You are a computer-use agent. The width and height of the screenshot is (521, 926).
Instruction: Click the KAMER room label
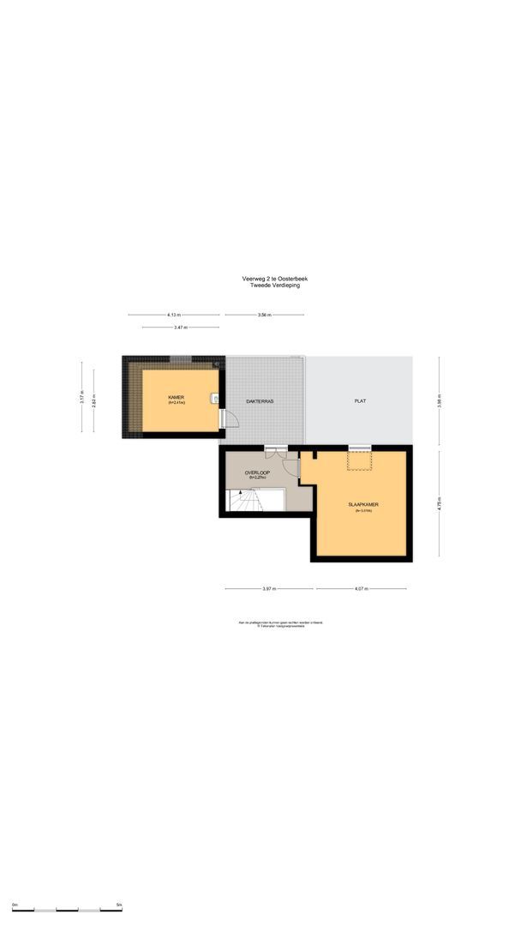pos(177,397)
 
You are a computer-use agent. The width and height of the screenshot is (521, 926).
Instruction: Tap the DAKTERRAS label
pos(259,401)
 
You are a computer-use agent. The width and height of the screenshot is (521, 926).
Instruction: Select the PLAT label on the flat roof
pos(361,401)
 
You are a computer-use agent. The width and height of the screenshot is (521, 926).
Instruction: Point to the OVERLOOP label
pos(258,473)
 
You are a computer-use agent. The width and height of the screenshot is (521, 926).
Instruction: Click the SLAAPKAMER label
pos(363,504)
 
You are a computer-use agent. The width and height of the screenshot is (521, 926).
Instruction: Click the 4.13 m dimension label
pos(175,316)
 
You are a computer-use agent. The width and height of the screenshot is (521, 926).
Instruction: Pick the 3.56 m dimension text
pos(264,316)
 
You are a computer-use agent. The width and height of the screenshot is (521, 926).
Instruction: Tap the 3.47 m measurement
pos(180,328)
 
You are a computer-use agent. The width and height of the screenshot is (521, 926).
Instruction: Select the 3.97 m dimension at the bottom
pos(269,589)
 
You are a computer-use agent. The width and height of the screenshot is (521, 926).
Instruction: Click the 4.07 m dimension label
pos(360,589)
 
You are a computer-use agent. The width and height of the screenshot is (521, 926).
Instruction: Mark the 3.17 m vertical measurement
pos(82,398)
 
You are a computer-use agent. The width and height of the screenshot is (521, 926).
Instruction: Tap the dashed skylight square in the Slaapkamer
pos(358,460)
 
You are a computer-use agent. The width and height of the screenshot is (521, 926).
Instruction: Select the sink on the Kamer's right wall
pos(214,398)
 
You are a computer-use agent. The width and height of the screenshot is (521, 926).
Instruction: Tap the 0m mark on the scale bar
pos(15,905)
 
